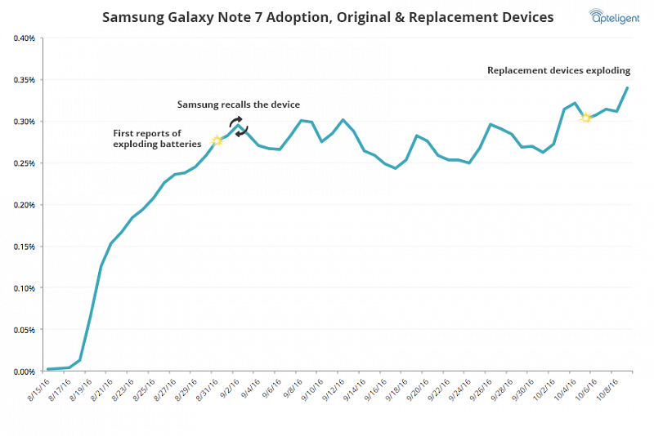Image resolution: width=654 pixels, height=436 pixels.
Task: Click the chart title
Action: (x=327, y=16)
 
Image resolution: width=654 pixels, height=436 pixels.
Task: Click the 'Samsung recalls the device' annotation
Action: (x=240, y=105)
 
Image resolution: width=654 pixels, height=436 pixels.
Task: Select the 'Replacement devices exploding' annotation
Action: (x=558, y=70)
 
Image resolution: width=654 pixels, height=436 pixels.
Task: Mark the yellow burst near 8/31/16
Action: (x=217, y=140)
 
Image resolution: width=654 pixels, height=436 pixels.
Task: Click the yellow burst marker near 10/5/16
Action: (x=586, y=118)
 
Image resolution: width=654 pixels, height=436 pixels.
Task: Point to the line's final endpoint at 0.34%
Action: (x=627, y=87)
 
